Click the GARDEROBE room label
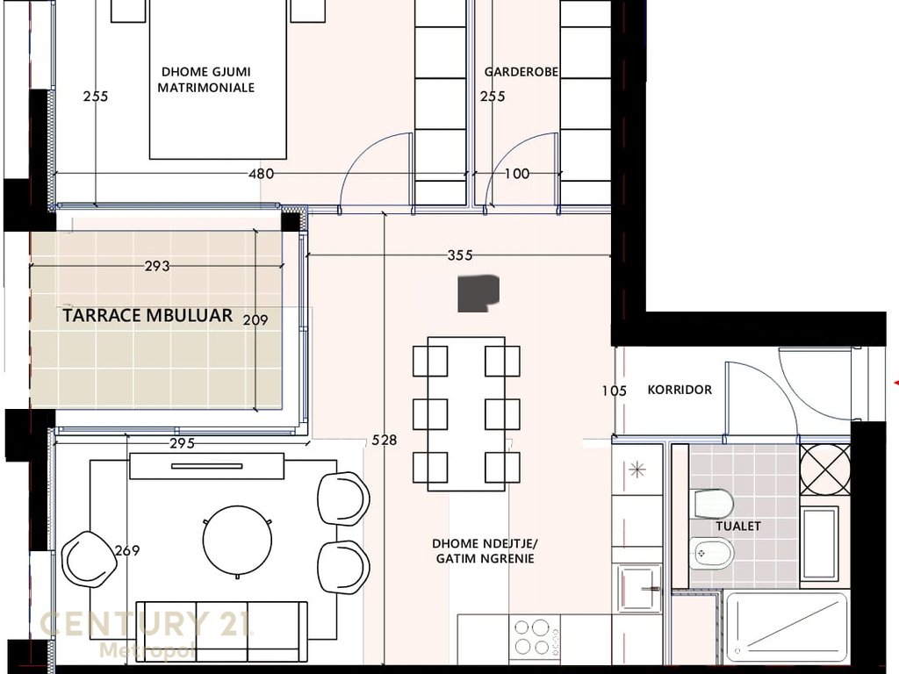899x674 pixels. tap(521, 72)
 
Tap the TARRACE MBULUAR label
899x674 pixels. tap(147, 315)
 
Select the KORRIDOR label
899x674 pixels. tap(680, 390)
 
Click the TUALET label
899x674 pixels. tap(737, 526)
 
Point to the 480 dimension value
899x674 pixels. tap(261, 173)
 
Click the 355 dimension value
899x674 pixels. tap(460, 255)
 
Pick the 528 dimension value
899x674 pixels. tap(385, 440)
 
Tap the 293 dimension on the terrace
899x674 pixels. tap(157, 266)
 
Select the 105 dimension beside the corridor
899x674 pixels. tap(614, 391)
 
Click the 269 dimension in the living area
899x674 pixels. tap(127, 550)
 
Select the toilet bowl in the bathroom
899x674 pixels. tap(714, 504)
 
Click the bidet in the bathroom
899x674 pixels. tap(711, 553)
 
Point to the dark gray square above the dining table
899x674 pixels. tap(478, 294)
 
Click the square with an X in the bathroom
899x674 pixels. tap(825, 470)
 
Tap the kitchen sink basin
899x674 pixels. tap(640, 589)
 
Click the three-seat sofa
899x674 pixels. tap(221, 631)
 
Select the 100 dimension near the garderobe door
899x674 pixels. tap(516, 173)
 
